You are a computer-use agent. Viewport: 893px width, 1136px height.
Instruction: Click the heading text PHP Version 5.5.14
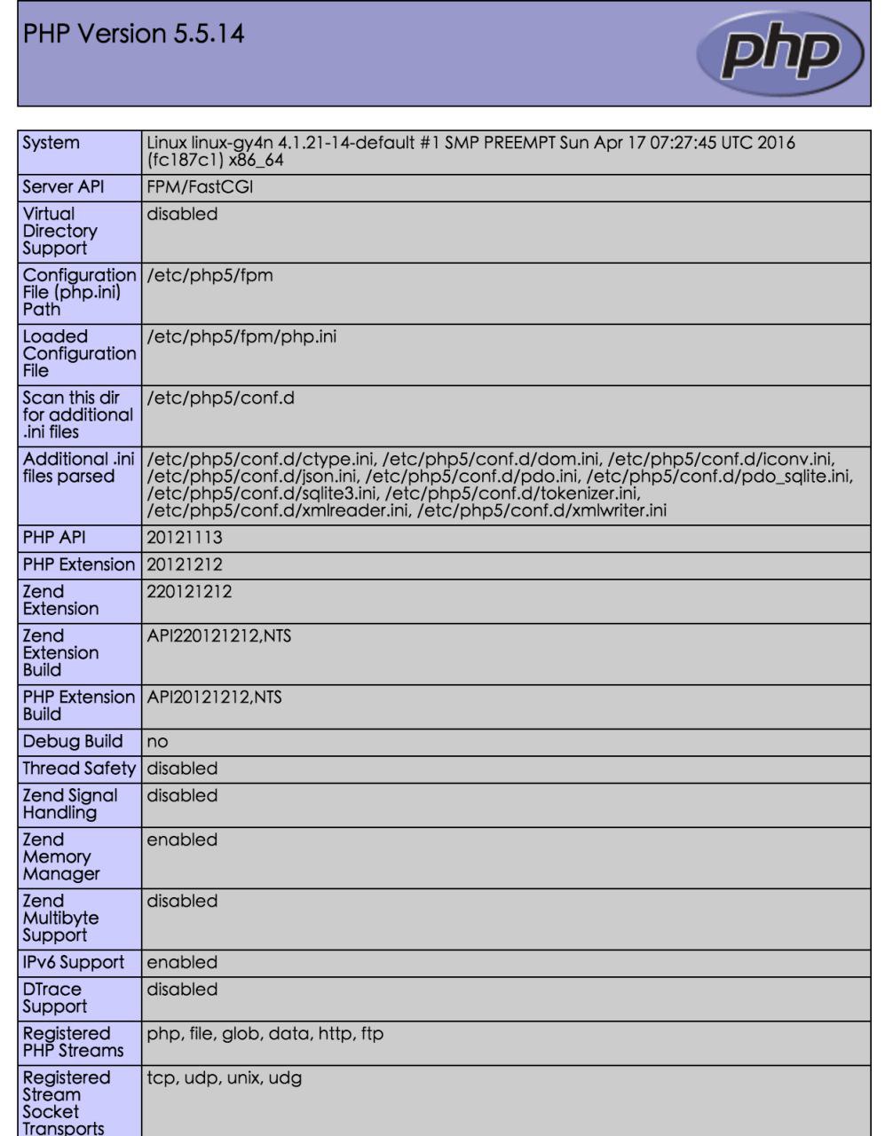[x=134, y=34]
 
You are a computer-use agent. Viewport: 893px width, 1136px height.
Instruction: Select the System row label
[x=51, y=143]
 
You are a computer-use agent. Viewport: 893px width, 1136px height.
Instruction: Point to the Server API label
[x=61, y=187]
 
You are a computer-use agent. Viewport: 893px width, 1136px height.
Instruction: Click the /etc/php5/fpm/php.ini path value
[x=241, y=336]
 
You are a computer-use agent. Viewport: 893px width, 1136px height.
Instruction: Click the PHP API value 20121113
[x=185, y=538]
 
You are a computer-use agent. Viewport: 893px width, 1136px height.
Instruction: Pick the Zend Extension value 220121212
[x=189, y=591]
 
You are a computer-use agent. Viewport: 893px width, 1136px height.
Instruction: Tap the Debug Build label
[x=73, y=741]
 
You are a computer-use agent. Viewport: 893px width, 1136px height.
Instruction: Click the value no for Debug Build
[x=157, y=741]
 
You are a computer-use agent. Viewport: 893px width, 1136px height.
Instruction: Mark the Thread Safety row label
[x=79, y=768]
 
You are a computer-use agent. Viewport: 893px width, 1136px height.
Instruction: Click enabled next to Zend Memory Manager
[x=181, y=839]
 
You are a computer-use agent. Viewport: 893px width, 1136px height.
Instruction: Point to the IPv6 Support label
[x=74, y=962]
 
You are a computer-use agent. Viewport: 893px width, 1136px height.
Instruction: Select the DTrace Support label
[x=55, y=998]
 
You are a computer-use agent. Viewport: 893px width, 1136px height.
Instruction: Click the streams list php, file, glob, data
[x=265, y=1033]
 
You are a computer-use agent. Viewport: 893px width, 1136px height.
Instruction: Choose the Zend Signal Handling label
[x=70, y=803]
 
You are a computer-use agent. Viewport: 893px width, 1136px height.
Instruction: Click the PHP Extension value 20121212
[x=185, y=564]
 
